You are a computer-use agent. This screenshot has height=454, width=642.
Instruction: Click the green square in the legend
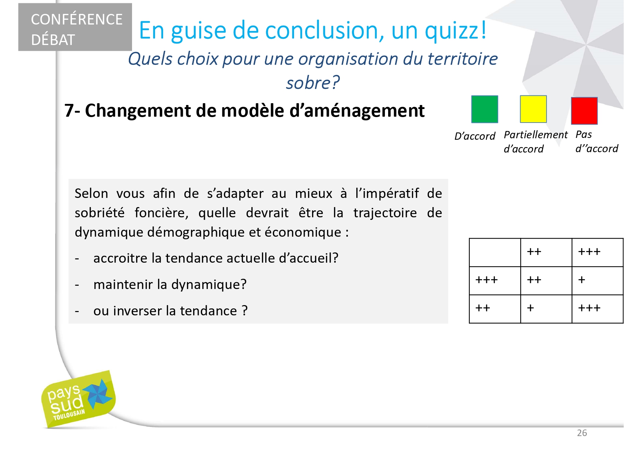click(x=484, y=109)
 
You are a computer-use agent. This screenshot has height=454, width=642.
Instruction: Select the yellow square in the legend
click(x=533, y=109)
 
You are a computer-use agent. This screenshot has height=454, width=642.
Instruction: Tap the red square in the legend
click(x=584, y=111)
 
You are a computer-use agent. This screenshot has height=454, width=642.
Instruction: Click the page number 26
click(x=582, y=433)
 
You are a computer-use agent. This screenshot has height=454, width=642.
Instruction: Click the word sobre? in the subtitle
click(x=313, y=83)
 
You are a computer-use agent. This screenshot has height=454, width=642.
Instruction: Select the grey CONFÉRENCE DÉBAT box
click(x=75, y=27)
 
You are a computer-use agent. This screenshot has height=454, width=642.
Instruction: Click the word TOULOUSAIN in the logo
click(x=69, y=415)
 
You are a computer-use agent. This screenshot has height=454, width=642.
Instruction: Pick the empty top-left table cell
click(x=495, y=252)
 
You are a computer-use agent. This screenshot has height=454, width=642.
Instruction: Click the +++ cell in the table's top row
click(x=597, y=252)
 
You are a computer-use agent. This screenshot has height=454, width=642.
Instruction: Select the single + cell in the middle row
click(x=597, y=281)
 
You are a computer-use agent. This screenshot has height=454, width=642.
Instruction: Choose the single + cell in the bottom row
click(x=546, y=309)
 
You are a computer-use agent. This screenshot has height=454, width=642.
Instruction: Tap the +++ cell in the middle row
click(x=495, y=281)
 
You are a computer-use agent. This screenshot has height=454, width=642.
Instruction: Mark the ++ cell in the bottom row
click(x=495, y=309)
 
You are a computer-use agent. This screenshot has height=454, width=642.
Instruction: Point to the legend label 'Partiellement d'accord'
click(x=536, y=142)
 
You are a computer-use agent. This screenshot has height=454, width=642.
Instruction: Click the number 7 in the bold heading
click(x=69, y=110)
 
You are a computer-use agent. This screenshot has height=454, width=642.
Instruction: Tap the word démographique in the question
click(x=196, y=232)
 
